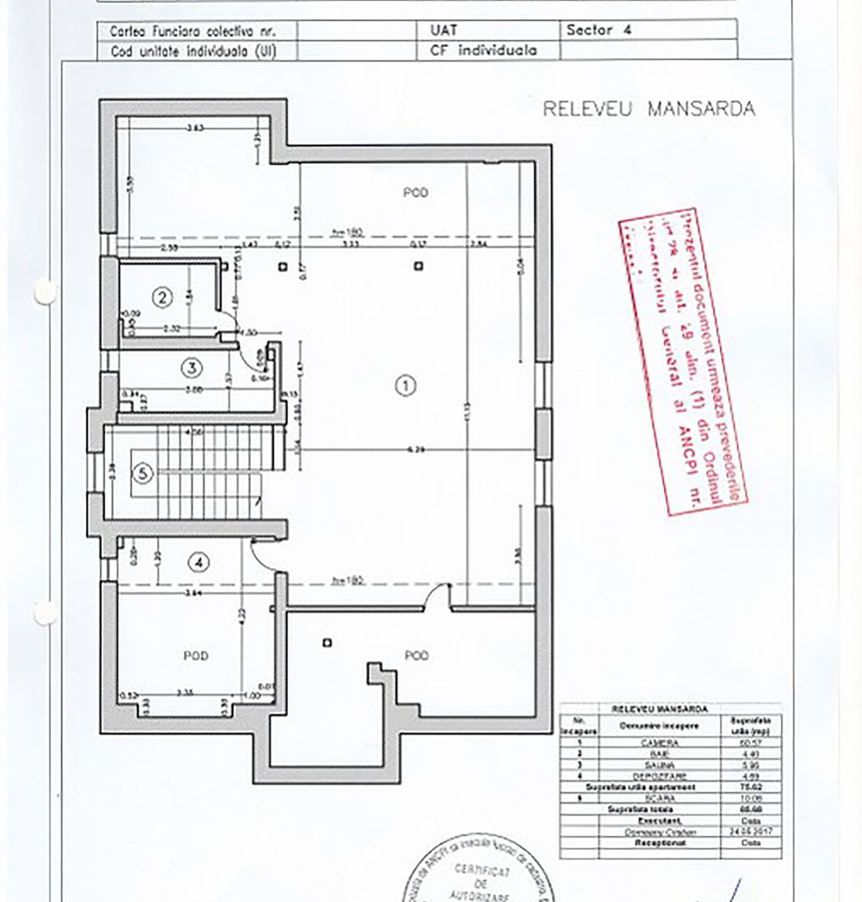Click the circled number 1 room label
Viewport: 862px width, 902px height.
(x=404, y=385)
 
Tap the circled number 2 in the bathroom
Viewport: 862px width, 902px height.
(x=161, y=296)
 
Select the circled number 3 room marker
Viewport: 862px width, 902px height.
(x=192, y=367)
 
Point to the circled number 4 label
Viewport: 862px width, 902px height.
(x=197, y=562)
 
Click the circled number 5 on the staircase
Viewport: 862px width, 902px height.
(x=144, y=474)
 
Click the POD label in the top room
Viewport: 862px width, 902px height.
(x=415, y=193)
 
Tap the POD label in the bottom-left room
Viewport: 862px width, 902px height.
(x=195, y=656)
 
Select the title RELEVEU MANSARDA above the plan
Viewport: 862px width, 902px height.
(x=649, y=109)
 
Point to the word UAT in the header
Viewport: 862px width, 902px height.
(x=428, y=29)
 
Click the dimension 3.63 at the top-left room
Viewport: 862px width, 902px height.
(x=195, y=128)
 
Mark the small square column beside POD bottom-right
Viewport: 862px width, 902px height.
(x=327, y=642)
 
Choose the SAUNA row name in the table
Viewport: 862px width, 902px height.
(x=653, y=765)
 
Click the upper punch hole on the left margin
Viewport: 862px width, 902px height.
(x=44, y=291)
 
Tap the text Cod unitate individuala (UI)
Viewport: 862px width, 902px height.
(x=193, y=50)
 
